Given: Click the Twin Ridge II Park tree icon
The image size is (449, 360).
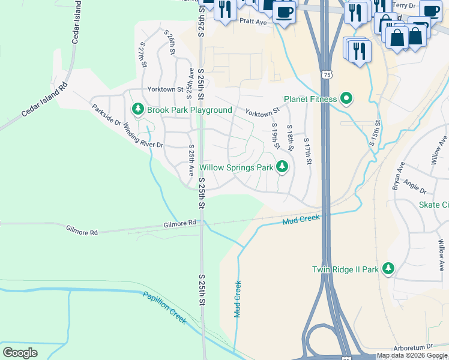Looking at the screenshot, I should (388, 269).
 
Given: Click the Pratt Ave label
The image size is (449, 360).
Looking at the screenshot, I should (253, 21).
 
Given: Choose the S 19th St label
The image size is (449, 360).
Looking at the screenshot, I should (276, 137).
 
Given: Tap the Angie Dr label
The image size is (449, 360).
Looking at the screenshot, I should (415, 187).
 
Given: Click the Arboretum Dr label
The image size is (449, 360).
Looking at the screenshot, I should (414, 347).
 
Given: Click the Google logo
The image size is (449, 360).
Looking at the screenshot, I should (20, 352).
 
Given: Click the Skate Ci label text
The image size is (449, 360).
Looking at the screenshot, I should (433, 205).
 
